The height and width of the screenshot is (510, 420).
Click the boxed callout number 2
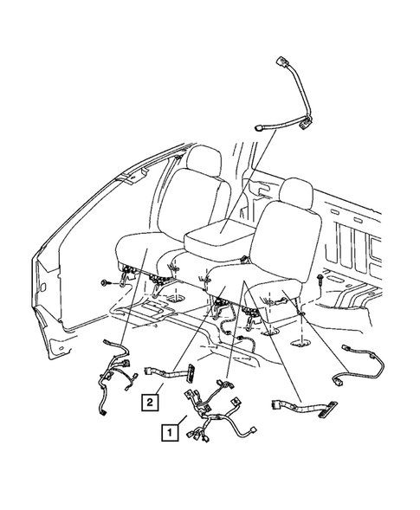point(152,401)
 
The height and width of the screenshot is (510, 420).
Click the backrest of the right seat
point(287,239)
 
